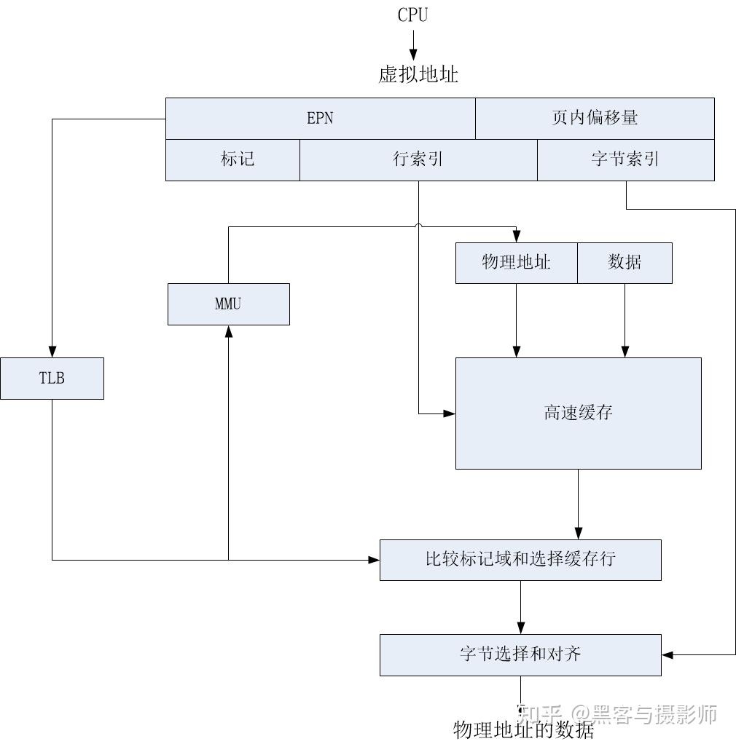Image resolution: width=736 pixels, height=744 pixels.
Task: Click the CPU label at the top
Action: pos(412,15)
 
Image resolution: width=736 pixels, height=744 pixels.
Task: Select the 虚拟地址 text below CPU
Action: pos(418,74)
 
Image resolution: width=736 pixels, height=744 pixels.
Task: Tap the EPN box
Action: pos(320,119)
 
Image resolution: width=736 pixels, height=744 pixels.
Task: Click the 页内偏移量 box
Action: pos(595,119)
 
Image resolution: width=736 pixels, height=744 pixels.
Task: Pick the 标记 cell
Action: pos(233,160)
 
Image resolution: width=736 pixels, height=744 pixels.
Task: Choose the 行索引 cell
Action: pos(418,160)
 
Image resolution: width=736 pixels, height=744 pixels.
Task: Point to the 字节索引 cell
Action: pos(625,160)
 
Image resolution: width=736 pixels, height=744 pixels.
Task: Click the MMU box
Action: pos(228,304)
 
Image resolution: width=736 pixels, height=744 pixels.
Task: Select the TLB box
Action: pos(52,379)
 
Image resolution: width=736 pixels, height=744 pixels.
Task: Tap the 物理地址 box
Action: pos(516,263)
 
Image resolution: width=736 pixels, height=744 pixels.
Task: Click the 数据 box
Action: pos(625,263)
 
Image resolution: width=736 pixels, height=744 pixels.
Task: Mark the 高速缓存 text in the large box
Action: pos(578,413)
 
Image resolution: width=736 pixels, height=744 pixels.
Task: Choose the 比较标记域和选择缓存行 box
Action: pos(520,560)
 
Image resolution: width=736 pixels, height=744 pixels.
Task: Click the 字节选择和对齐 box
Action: pos(520,654)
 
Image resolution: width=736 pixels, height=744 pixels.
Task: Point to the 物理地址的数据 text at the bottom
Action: pos(523,730)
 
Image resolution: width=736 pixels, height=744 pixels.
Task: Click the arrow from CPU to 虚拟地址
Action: pos(413,45)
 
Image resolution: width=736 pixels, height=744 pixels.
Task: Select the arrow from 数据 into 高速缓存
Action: pos(625,320)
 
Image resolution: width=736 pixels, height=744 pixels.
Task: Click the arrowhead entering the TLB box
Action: pos(52,351)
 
